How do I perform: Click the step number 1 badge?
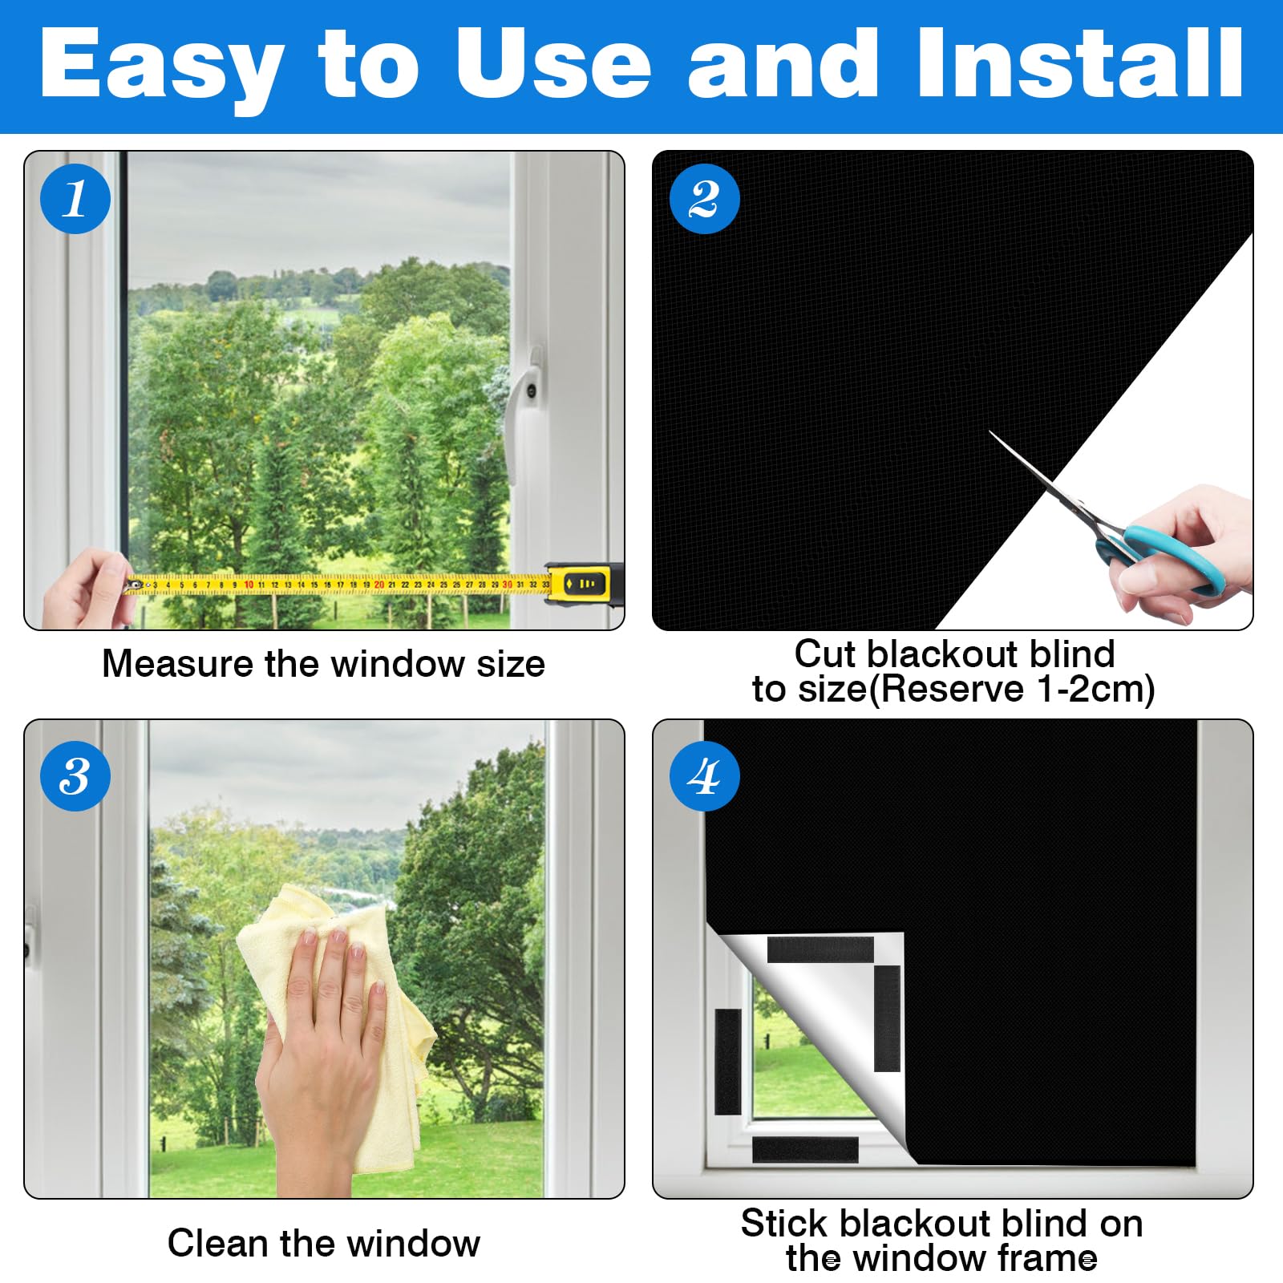click(x=75, y=198)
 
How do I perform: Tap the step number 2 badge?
click(x=705, y=198)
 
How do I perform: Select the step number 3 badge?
click(x=75, y=775)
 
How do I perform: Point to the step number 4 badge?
click(x=705, y=775)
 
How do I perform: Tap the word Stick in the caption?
click(x=784, y=1224)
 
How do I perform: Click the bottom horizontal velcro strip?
click(x=805, y=1150)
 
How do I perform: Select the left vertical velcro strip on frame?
click(x=727, y=1062)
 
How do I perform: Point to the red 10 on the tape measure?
click(x=249, y=585)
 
